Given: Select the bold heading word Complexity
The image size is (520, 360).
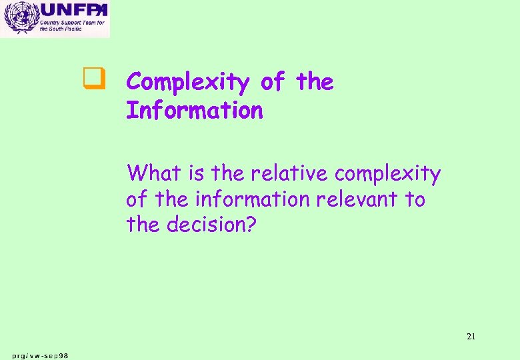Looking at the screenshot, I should pyautogui.click(x=187, y=83).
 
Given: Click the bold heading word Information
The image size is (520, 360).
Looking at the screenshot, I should pyautogui.click(x=195, y=111).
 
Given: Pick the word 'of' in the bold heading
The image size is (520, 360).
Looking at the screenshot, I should pyautogui.click(x=272, y=82).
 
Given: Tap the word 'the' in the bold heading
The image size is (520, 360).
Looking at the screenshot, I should pyautogui.click(x=314, y=82).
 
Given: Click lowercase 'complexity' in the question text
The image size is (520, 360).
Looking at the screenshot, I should pyautogui.click(x=387, y=175).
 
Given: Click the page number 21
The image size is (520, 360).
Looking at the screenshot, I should pyautogui.click(x=471, y=337).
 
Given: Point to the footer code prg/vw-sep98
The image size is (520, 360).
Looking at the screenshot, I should pyautogui.click(x=39, y=355).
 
